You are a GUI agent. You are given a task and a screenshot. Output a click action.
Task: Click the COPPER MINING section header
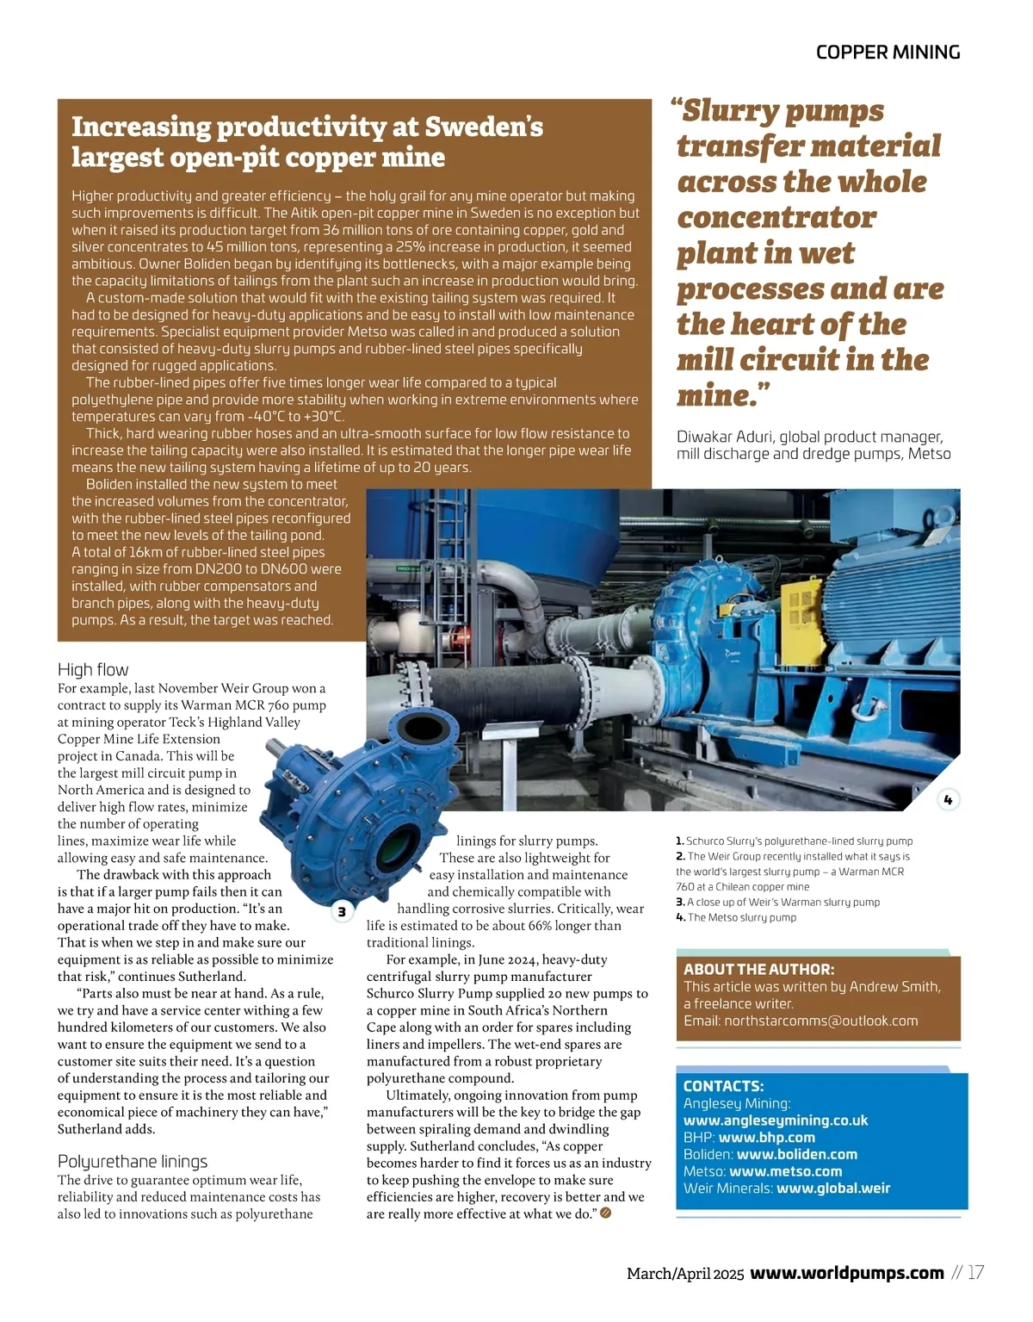click(888, 53)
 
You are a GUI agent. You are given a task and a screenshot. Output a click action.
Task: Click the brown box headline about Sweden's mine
click(307, 142)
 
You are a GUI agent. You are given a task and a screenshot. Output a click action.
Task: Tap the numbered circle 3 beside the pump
click(342, 911)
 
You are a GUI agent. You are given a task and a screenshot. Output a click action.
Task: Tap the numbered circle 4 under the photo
click(948, 800)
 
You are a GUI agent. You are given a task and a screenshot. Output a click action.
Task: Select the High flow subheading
click(93, 669)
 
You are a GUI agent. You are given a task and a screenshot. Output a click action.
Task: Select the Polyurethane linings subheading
click(133, 1161)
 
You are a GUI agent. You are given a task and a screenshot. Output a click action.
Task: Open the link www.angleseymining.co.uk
click(775, 1120)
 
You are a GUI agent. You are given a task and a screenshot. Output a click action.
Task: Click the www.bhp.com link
click(766, 1138)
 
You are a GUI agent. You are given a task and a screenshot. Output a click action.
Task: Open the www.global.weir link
click(832, 1189)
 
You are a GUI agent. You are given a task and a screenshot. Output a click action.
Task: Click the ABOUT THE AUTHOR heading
click(758, 969)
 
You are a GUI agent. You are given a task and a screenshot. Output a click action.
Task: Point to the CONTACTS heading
click(723, 1086)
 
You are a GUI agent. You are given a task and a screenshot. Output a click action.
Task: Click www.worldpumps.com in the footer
click(847, 1273)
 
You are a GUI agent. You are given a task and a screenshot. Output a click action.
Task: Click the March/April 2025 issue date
click(684, 1274)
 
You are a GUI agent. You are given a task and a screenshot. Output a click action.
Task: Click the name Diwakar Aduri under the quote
click(724, 437)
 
